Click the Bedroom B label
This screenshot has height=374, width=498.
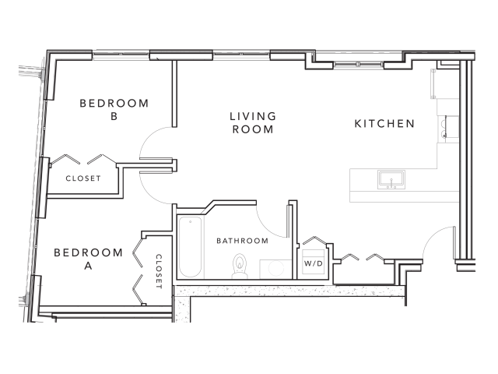pyautogui.click(x=114, y=110)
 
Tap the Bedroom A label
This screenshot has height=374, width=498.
pyautogui.click(x=88, y=259)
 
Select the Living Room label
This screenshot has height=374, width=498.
pyautogui.click(x=252, y=123)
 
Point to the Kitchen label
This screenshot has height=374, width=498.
pyautogui.click(x=384, y=124)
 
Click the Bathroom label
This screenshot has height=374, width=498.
pyautogui.click(x=242, y=241)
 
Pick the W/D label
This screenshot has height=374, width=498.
pyautogui.click(x=313, y=263)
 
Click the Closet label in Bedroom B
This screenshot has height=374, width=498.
pyautogui.click(x=83, y=178)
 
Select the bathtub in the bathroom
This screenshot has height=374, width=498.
pyautogui.click(x=189, y=248)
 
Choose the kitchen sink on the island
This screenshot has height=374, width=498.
pyautogui.click(x=391, y=180)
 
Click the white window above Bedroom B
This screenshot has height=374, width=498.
pyautogui.click(x=120, y=55)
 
